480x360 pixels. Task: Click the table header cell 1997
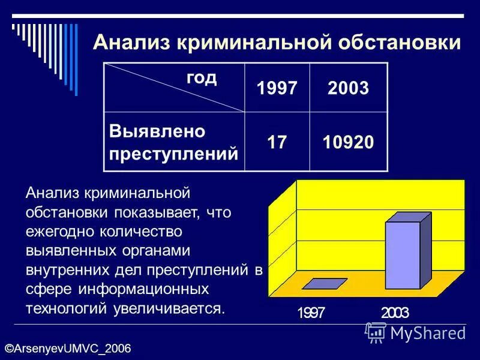click(277, 89)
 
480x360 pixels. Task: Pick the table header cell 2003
click(348, 89)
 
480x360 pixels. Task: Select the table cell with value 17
click(277, 142)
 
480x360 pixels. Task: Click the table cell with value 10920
click(348, 142)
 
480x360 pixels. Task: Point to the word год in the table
click(201, 78)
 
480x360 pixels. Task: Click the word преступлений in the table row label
click(173, 153)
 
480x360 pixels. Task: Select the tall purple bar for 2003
click(403, 255)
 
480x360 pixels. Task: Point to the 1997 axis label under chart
click(311, 313)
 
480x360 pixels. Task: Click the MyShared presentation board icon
click(376, 332)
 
